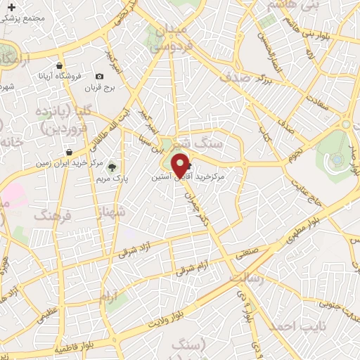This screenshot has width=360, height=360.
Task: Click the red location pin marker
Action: (180, 165)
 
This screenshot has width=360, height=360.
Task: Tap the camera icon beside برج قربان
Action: (99, 76)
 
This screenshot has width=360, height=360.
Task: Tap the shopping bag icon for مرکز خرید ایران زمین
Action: (68, 151)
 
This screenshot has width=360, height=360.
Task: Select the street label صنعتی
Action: (268, 247)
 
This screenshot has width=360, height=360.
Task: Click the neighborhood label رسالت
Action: (250, 279)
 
